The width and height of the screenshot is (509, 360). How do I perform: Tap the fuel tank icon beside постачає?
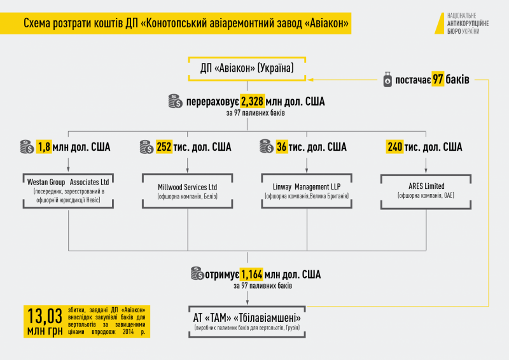[x=386, y=80]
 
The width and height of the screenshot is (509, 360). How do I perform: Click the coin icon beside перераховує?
[x=175, y=100]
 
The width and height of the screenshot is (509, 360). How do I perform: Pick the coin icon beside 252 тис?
[x=146, y=147]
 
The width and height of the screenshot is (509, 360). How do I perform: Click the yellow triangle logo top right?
[x=437, y=22]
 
